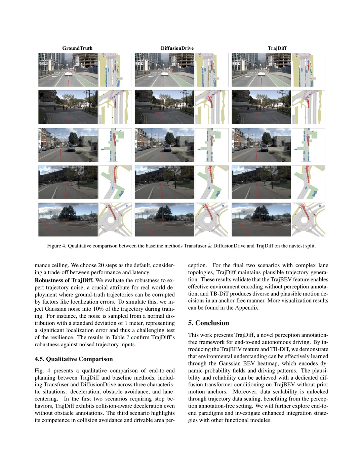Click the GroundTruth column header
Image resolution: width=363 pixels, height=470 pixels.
(x=77, y=48)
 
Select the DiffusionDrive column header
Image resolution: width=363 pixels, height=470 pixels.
(x=177, y=48)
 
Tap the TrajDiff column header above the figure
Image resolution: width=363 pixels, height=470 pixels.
(x=277, y=48)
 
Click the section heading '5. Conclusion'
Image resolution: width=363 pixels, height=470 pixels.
(x=208, y=323)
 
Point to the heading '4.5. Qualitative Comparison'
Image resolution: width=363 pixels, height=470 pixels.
(x=74, y=359)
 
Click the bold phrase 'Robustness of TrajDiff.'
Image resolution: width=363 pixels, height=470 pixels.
(x=64, y=280)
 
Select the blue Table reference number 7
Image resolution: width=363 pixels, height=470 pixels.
(x=128, y=337)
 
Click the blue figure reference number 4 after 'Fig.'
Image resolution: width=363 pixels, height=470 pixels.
(x=49, y=370)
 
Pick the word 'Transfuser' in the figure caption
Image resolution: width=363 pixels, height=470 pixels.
(x=195, y=246)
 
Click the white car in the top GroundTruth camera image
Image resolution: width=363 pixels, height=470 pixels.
(x=68, y=73)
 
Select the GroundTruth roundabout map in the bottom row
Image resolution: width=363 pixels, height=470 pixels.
(x=115, y=220)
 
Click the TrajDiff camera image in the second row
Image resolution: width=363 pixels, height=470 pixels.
(x=261, y=107)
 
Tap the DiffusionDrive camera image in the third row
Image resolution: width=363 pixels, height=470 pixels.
(x=164, y=145)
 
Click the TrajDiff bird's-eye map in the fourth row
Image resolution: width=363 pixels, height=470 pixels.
(x=308, y=182)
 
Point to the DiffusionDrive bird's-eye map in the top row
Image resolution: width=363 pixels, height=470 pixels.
(x=212, y=70)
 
